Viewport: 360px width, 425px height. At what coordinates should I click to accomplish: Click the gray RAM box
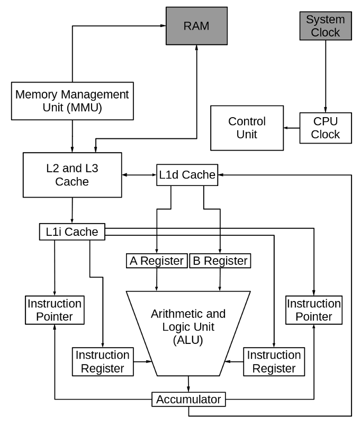[196, 25]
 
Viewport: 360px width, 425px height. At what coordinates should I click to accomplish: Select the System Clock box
[325, 26]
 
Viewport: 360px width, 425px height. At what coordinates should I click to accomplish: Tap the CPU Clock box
[325, 128]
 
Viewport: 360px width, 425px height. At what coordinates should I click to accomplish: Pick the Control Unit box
[246, 128]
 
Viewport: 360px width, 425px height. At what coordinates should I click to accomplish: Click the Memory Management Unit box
[72, 101]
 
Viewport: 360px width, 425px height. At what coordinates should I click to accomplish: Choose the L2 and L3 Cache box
[72, 175]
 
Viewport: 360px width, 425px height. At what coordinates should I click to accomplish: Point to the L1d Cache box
[187, 175]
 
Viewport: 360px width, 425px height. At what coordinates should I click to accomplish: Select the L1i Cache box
[71, 232]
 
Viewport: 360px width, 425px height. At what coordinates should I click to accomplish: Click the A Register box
[156, 261]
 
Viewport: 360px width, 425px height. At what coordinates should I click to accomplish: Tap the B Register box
[220, 261]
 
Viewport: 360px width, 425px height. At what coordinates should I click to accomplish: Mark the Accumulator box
[188, 400]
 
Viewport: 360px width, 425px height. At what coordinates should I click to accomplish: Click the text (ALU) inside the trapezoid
[188, 340]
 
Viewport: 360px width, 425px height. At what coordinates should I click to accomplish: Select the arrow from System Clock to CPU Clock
[325, 76]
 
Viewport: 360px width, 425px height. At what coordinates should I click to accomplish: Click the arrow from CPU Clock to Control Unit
[291, 128]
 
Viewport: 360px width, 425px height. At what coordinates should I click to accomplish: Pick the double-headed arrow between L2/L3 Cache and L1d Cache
[139, 175]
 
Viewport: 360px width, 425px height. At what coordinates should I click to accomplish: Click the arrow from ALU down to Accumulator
[188, 384]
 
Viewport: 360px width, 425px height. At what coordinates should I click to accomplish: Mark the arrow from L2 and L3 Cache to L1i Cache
[72, 210]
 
